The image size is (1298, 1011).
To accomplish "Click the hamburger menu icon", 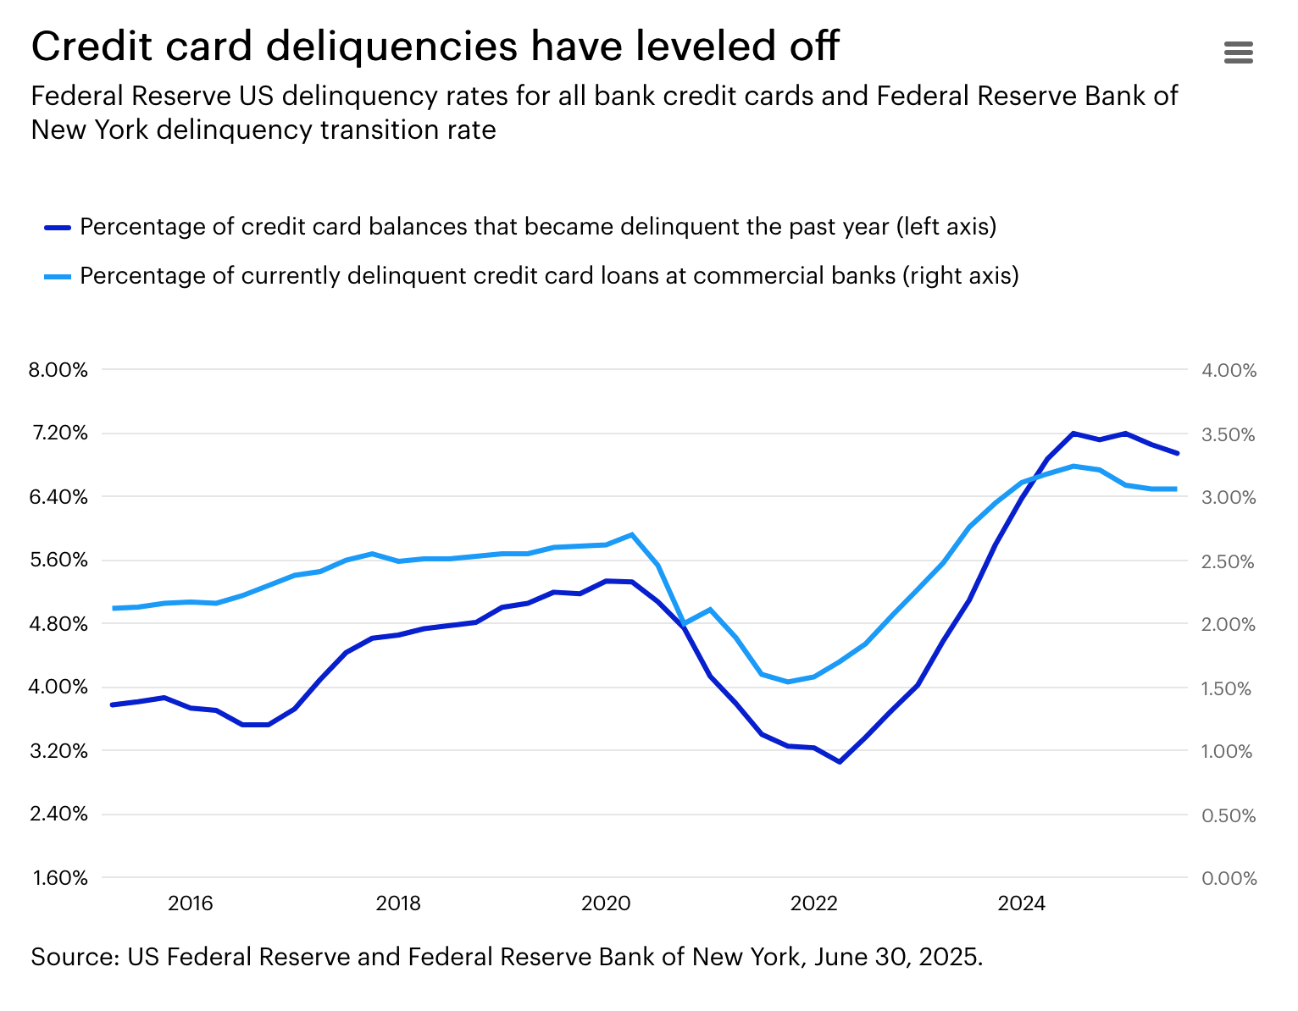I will click(1238, 52).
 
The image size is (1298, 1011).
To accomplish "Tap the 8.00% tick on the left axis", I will click(58, 370).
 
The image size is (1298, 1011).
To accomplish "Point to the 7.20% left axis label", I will click(59, 434).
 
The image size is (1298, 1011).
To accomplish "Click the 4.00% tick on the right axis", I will click(1229, 370).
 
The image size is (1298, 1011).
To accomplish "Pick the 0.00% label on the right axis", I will click(1229, 878).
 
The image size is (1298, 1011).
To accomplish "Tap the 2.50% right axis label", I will click(1228, 561).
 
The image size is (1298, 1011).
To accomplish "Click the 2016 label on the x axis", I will click(191, 903).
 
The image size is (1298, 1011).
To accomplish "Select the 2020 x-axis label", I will click(606, 903).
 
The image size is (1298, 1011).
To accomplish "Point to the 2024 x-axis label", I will click(1021, 903).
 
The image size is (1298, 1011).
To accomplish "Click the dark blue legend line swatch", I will click(58, 227).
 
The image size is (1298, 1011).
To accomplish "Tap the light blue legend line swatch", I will click(58, 276).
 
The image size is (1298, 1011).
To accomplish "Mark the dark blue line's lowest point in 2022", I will click(840, 762).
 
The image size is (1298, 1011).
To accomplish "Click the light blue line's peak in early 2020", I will click(632, 534).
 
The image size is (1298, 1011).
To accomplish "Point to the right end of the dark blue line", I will click(1177, 453).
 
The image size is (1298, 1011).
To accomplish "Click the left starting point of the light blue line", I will click(114, 608).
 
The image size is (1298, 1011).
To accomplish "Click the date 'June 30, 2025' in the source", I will click(897, 957).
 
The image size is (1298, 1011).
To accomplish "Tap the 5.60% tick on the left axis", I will click(59, 561).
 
